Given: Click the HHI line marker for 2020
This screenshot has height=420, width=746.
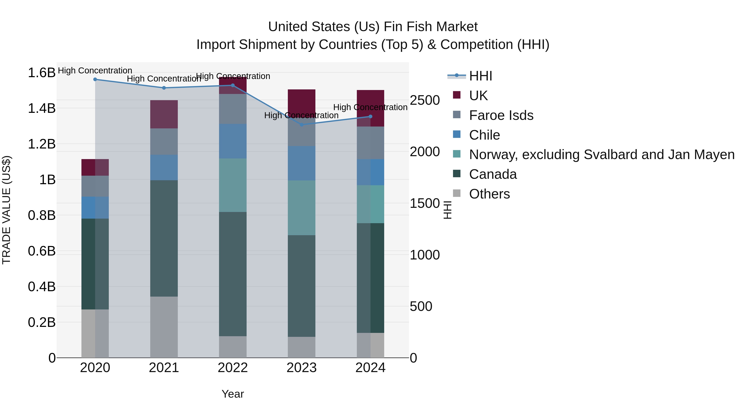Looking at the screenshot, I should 95,79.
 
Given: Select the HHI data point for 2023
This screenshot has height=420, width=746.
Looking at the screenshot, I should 302,125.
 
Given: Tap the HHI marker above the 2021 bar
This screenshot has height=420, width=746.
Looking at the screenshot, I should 164,88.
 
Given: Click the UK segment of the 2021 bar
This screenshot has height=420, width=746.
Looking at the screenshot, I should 164,114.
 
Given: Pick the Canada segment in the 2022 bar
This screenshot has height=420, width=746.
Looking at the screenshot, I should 233,274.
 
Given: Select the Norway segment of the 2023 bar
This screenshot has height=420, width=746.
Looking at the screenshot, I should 302,208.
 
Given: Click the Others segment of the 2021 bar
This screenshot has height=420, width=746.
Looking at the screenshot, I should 164,327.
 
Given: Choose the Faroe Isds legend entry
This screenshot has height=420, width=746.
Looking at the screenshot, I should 501,115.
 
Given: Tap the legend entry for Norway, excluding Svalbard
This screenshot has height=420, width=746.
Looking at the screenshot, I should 602,155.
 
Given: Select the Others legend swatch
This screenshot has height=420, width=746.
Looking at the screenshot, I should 457,193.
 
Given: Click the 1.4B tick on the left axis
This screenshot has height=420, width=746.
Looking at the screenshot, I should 42,108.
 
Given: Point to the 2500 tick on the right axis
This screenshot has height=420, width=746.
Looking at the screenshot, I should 425,100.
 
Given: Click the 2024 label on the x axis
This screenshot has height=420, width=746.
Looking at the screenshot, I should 370,368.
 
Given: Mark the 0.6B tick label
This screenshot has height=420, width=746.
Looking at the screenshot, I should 42,251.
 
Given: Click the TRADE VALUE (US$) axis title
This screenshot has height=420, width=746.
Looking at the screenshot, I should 6,210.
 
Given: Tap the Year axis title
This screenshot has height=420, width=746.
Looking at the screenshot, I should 233,394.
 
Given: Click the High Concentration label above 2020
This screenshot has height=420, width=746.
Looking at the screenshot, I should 95,71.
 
